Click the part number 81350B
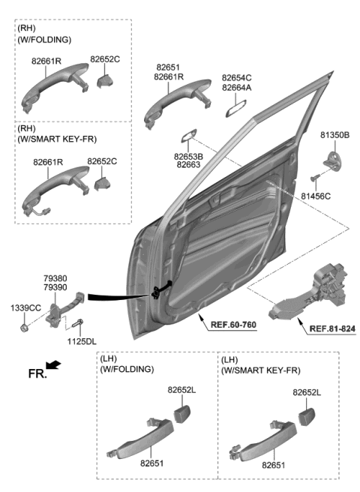tap(334, 135)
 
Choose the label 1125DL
tap(81, 342)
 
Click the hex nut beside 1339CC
tap(24, 326)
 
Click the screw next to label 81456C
tap(316, 178)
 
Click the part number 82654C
tap(236, 77)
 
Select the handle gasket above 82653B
tap(187, 135)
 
